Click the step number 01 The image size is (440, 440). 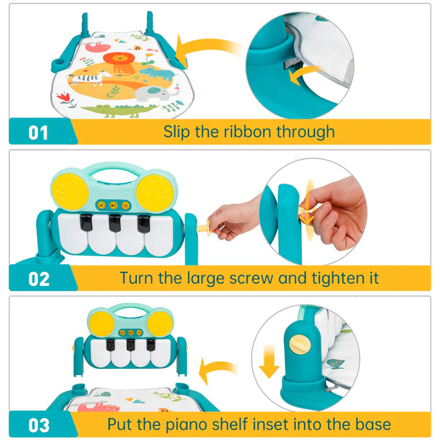tap(38, 133)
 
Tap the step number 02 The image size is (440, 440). tap(39, 279)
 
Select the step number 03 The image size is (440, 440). tap(39, 425)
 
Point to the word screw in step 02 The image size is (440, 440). tap(251, 278)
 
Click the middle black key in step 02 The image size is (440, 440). tap(115, 223)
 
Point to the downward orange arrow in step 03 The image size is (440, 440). tap(269, 362)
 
